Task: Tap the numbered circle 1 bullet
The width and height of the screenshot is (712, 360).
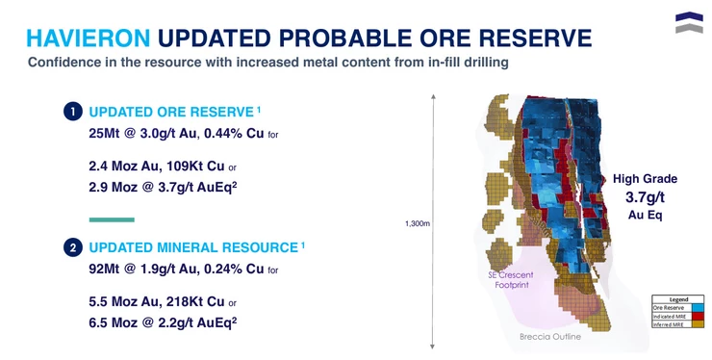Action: (72, 112)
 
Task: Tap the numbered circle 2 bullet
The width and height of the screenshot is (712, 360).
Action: (72, 248)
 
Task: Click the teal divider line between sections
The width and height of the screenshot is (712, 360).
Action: (111, 219)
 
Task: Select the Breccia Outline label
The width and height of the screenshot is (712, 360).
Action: (549, 337)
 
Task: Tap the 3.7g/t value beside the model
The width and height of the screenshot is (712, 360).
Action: (645, 197)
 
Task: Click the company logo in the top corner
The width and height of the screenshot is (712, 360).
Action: (688, 22)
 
